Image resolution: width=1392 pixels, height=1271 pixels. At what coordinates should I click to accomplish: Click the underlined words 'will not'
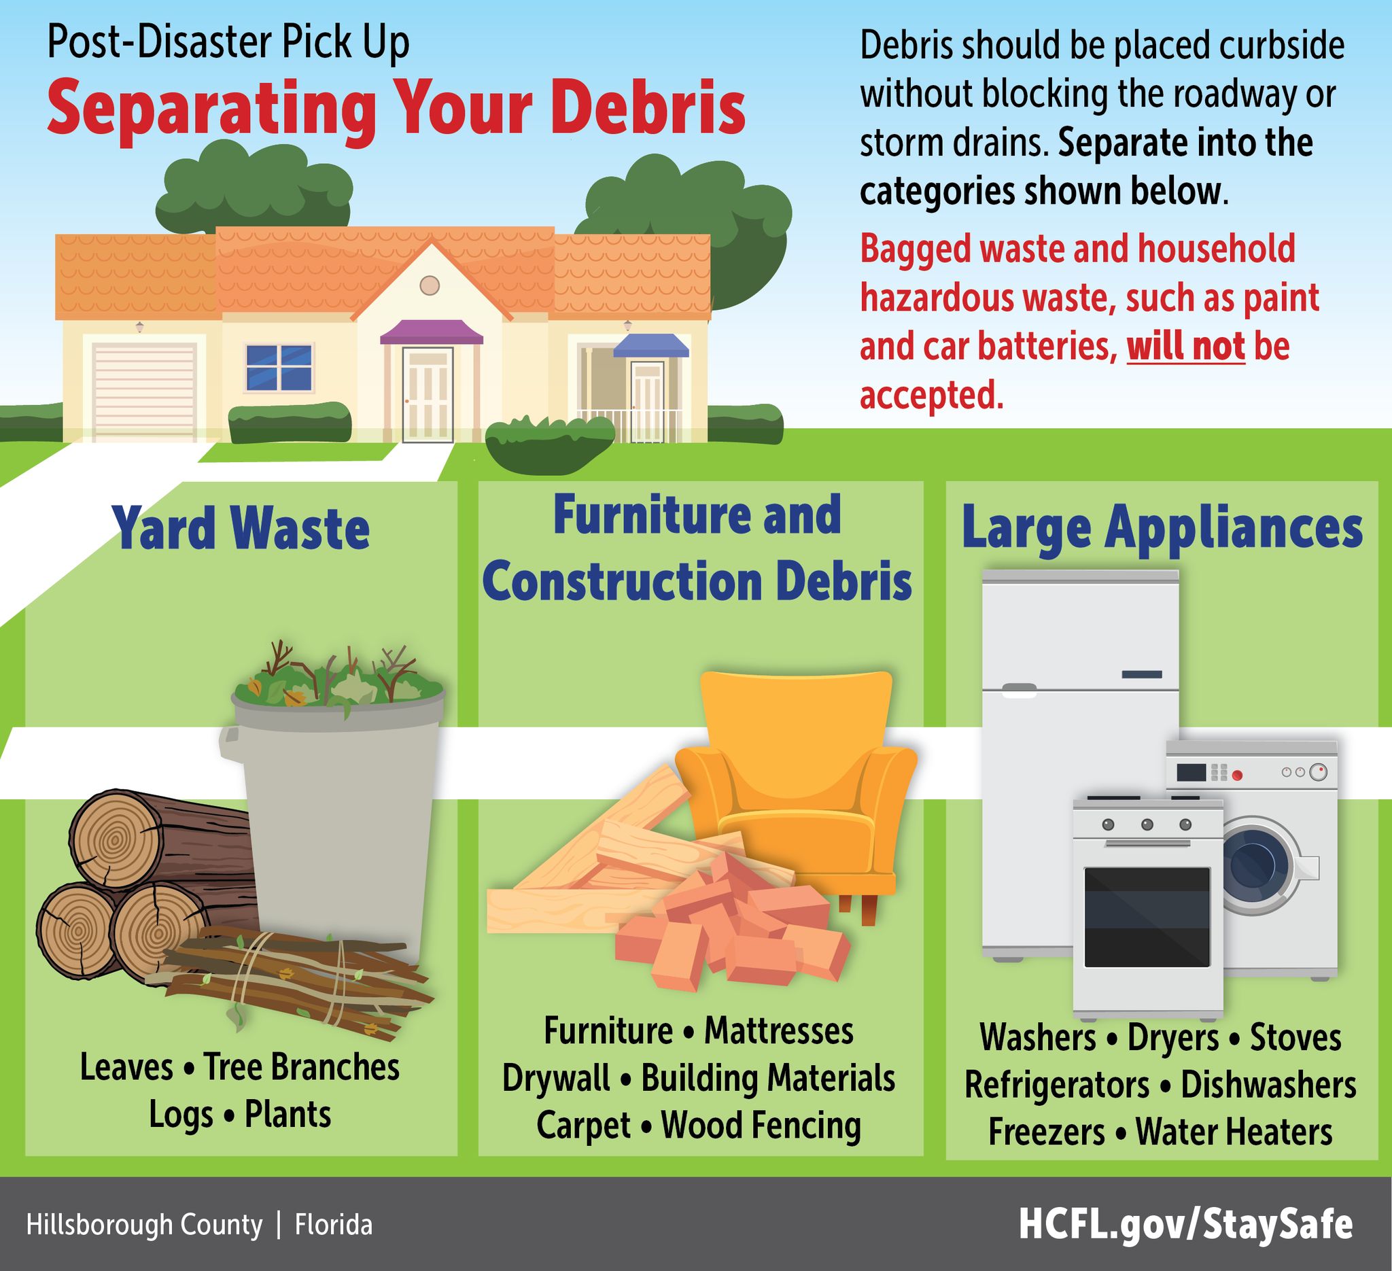pyautogui.click(x=1185, y=347)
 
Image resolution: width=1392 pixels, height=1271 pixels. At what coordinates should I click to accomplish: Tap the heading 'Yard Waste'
pyautogui.click(x=242, y=529)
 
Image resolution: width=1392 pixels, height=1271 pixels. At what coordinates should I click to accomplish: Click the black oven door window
pyautogui.click(x=1147, y=917)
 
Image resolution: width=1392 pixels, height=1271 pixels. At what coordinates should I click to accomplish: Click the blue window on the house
pyautogui.click(x=279, y=367)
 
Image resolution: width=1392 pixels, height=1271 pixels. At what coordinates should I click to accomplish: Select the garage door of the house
pyautogui.click(x=144, y=390)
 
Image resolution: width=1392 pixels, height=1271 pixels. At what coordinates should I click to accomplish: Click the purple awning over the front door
pyautogui.click(x=432, y=333)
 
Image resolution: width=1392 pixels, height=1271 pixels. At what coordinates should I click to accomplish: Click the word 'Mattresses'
pyautogui.click(x=779, y=1031)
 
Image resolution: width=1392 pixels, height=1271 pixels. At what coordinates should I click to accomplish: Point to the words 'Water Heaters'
pyautogui.click(x=1234, y=1132)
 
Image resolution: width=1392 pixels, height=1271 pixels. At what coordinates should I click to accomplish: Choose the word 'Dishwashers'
pyautogui.click(x=1268, y=1085)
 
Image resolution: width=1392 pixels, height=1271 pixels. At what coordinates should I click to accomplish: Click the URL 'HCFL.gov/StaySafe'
pyautogui.click(x=1185, y=1225)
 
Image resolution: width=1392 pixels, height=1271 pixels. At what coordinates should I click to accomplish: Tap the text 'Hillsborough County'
pyautogui.click(x=144, y=1225)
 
